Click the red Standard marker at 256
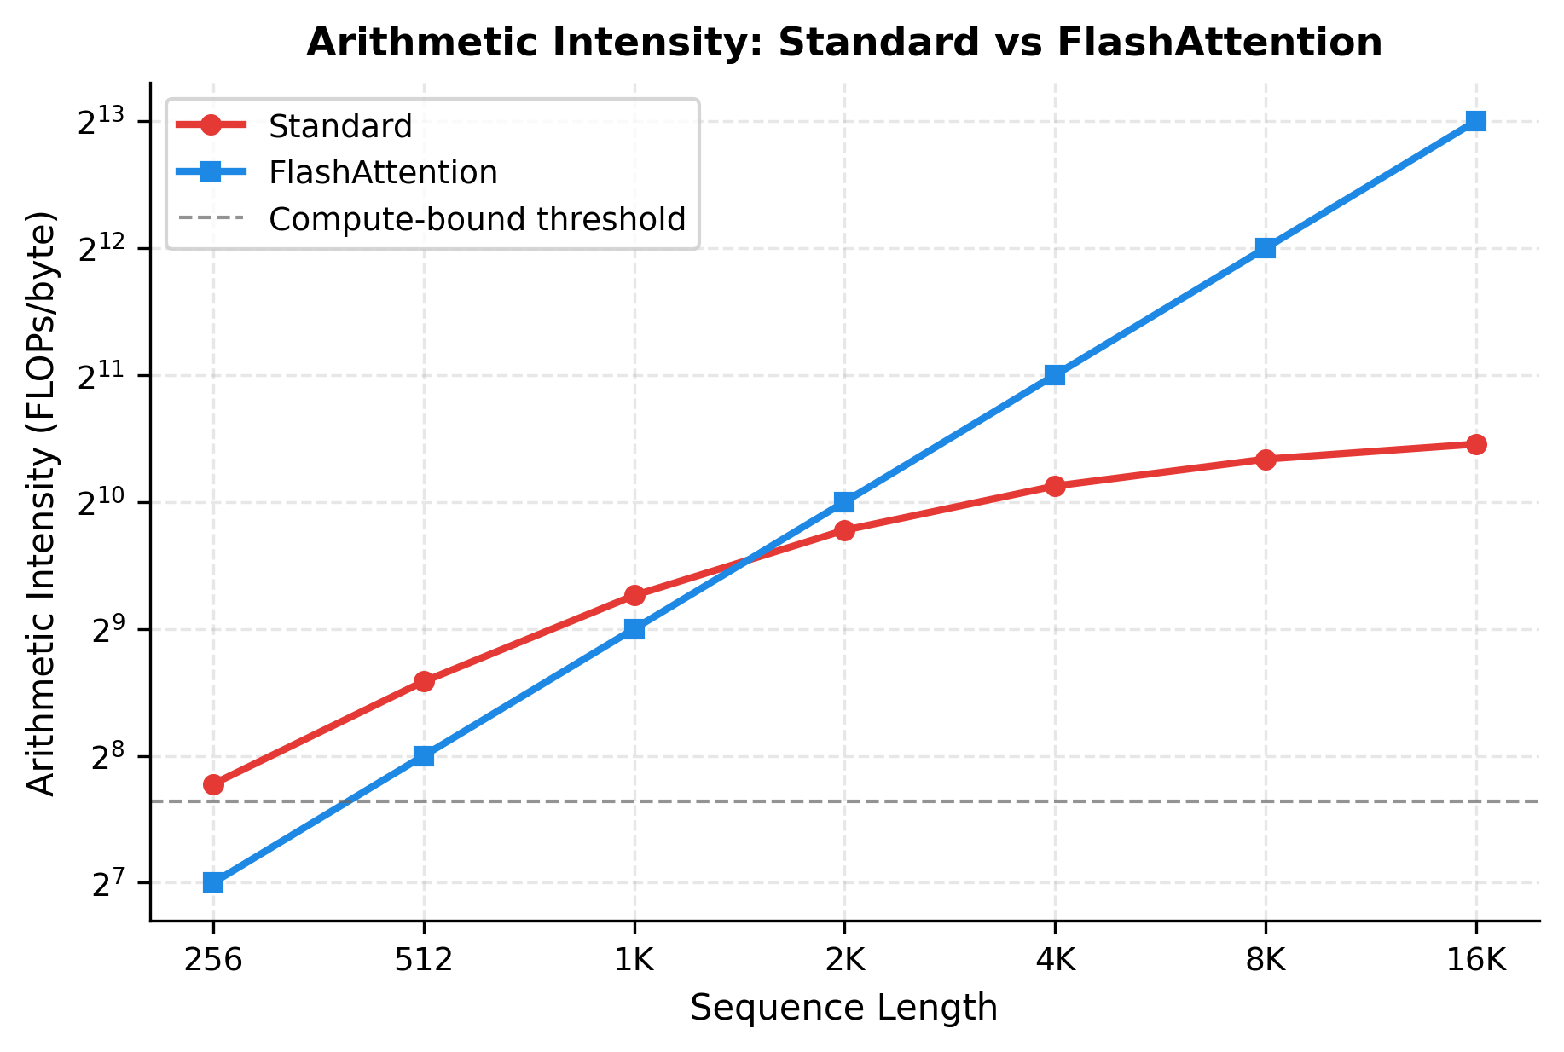click(213, 784)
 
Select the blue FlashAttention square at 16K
click(1476, 121)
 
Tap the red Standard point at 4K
click(1055, 486)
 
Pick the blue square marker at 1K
click(634, 629)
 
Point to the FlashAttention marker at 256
click(213, 882)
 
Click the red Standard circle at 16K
click(1476, 444)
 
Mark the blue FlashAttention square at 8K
click(1266, 248)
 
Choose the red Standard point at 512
click(424, 681)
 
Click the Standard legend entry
click(339, 126)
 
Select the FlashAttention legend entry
click(382, 173)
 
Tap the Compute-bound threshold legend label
click(477, 220)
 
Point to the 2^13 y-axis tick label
click(101, 123)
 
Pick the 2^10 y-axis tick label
click(101, 504)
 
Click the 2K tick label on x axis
click(844, 961)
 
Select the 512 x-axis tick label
click(424, 961)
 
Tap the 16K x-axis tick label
click(1476, 961)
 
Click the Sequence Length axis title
click(843, 1009)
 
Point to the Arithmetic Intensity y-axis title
click(41, 503)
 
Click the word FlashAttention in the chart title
click(1219, 43)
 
